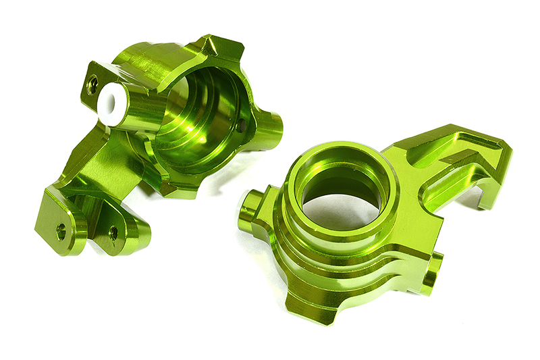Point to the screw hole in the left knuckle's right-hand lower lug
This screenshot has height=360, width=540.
(x=113, y=232)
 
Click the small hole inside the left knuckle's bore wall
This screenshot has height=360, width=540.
(x=241, y=124)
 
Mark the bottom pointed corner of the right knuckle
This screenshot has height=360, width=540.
(x=331, y=317)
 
